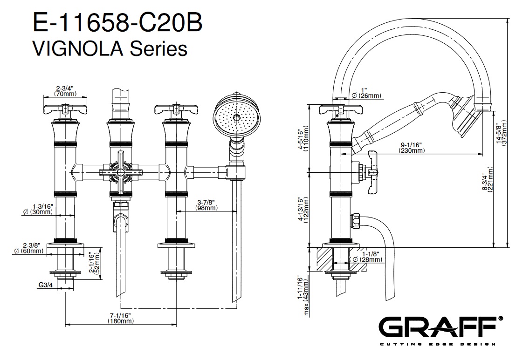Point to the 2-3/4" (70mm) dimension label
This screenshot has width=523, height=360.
point(65,90)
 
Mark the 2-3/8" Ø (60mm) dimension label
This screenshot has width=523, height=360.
point(32,248)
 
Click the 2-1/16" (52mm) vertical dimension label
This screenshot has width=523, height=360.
point(95,264)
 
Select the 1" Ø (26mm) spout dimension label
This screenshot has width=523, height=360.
point(366,93)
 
